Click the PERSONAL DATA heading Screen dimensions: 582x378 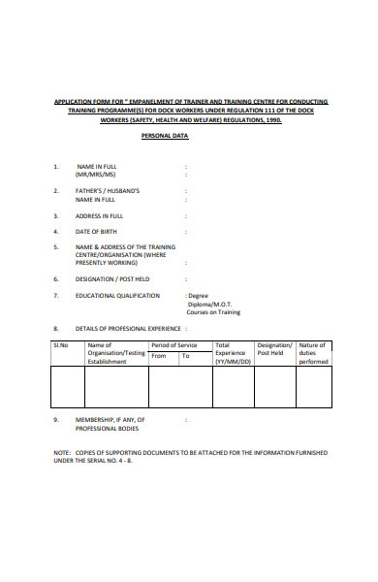(x=165, y=137)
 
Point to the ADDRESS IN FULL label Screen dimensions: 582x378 (x=100, y=215)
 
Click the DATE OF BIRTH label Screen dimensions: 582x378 (x=97, y=232)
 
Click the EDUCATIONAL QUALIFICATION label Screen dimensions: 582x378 (x=118, y=295)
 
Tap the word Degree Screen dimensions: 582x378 (x=199, y=295)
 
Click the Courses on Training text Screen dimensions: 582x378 (x=214, y=312)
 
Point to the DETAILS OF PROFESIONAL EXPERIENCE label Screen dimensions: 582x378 (x=129, y=329)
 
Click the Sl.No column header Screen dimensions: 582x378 (x=62, y=345)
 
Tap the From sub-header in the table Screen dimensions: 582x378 (x=159, y=356)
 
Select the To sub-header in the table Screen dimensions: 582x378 (x=186, y=356)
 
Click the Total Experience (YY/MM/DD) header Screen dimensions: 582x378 (x=232, y=353)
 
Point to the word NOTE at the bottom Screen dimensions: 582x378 (x=61, y=453)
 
